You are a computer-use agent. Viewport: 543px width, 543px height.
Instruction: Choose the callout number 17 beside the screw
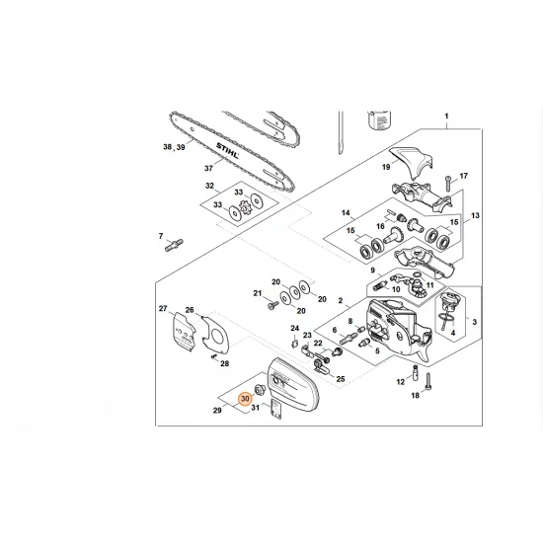click(x=463, y=176)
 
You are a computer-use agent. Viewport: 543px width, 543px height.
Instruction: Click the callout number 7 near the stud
click(x=161, y=236)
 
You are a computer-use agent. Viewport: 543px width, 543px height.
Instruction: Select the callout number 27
click(x=164, y=310)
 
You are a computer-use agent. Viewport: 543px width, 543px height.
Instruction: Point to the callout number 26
click(x=190, y=310)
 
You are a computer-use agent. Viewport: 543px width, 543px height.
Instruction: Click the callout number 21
click(x=257, y=293)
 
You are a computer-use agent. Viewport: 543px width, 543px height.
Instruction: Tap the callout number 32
click(x=209, y=186)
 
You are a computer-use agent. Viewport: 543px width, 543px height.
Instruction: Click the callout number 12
click(x=401, y=380)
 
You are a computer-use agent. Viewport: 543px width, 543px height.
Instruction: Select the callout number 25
click(x=340, y=379)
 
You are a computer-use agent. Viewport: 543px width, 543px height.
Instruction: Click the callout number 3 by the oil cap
click(x=474, y=322)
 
